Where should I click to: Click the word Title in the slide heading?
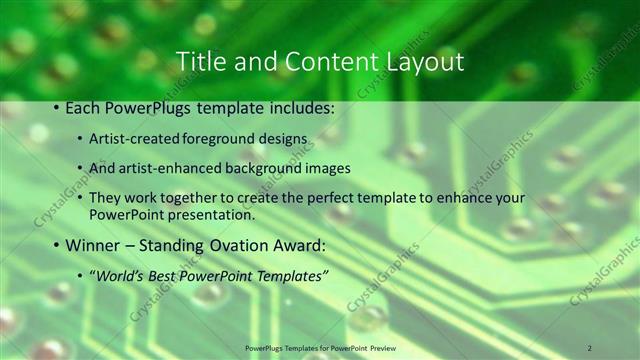[x=200, y=61]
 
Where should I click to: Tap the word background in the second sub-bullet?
[x=247, y=168]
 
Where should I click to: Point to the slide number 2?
[x=589, y=347]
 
